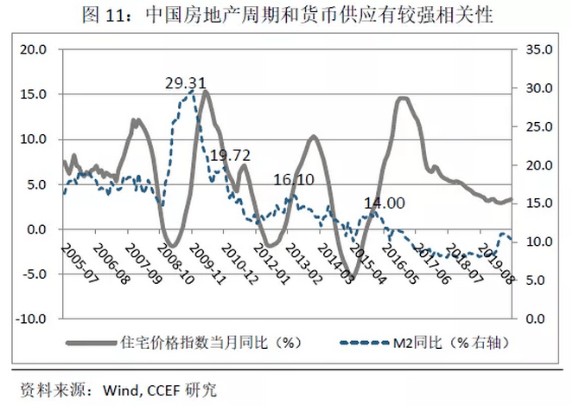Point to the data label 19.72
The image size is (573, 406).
[229, 156]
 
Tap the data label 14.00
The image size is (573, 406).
[384, 203]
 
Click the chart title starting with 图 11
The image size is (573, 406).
[285, 15]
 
